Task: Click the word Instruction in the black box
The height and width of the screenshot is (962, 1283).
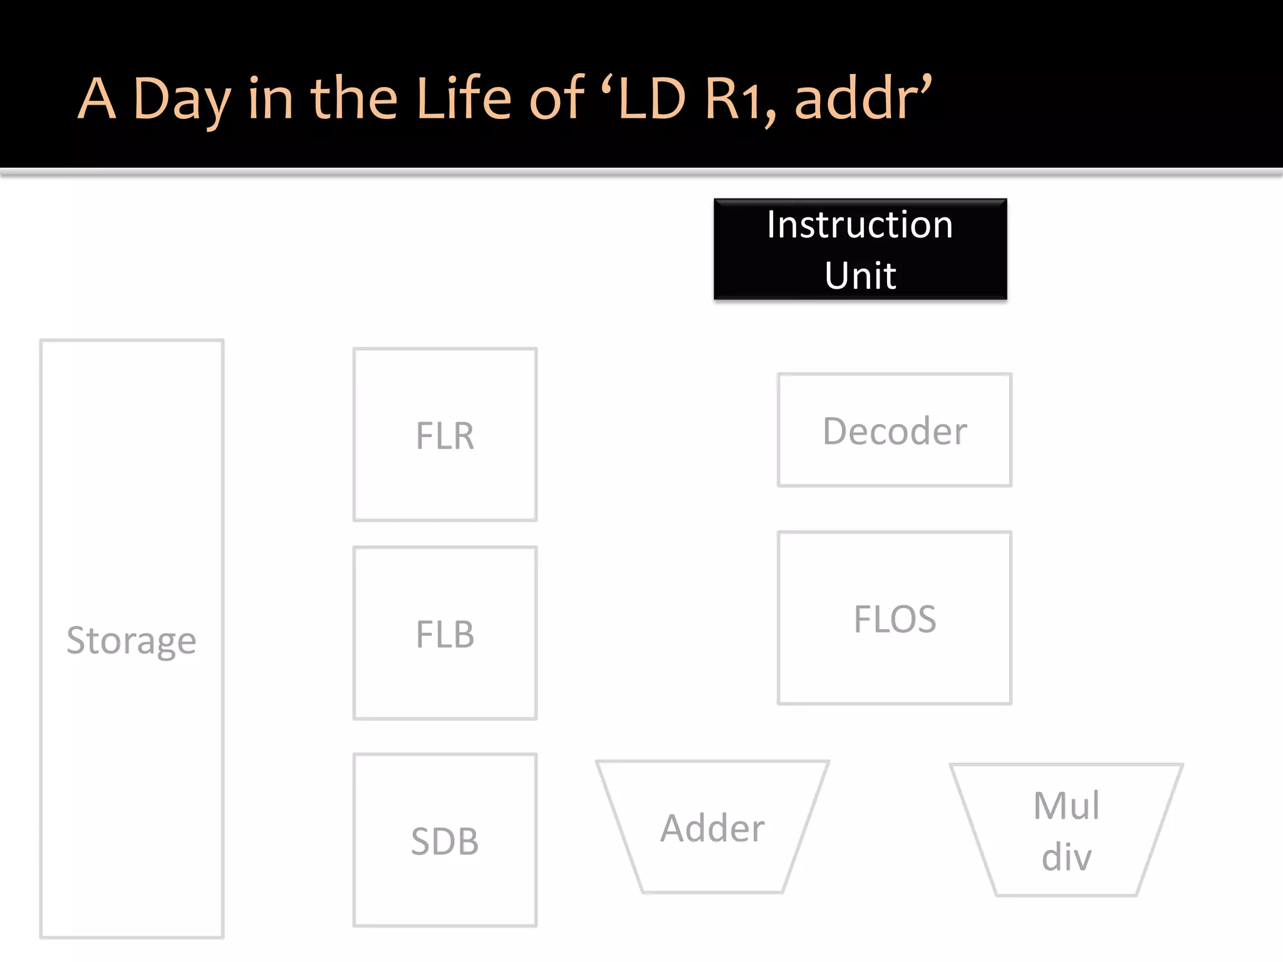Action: (x=860, y=225)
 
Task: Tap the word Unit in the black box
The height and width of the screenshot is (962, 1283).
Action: (x=860, y=276)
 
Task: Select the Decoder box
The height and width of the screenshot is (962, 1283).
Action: (x=895, y=430)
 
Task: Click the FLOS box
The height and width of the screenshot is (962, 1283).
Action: (x=895, y=618)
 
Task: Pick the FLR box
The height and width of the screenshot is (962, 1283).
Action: (x=445, y=435)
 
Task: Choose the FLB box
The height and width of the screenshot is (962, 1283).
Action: (x=445, y=633)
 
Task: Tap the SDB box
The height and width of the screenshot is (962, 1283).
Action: (x=445, y=840)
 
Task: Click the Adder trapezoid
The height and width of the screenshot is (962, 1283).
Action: (x=713, y=827)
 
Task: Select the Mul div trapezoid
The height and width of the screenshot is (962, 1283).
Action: (x=1066, y=830)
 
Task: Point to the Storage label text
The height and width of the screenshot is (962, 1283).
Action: (x=132, y=640)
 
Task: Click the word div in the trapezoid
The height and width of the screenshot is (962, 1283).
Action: (x=1066, y=856)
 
